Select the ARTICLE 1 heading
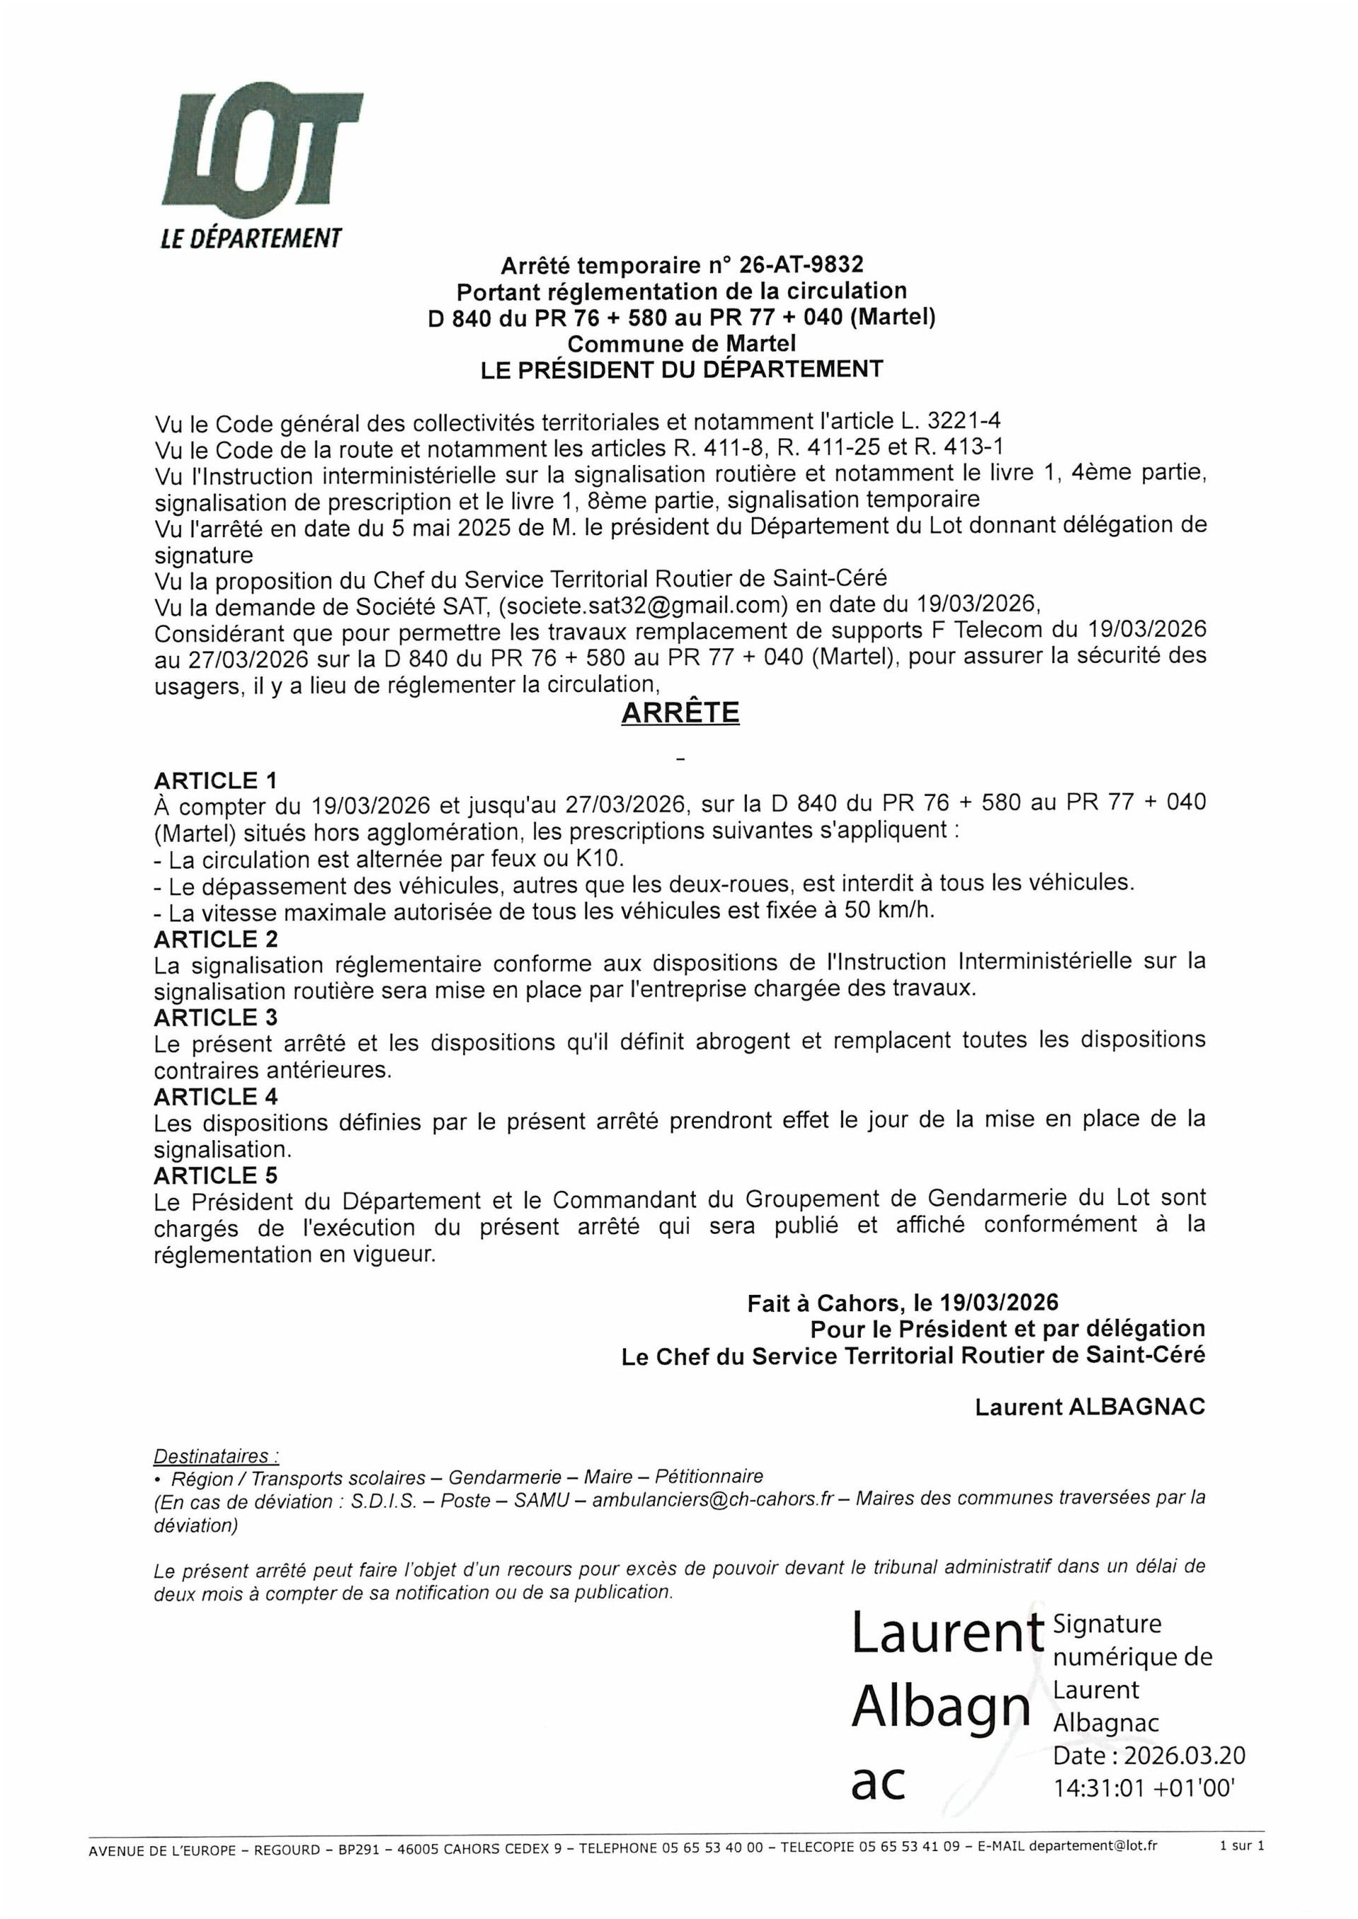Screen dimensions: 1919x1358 tap(216, 780)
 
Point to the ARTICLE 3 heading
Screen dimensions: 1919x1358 tap(216, 1017)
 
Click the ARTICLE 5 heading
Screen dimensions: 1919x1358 tap(216, 1175)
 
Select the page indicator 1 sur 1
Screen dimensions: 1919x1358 tap(1242, 1845)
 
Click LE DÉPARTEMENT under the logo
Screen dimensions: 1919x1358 tap(251, 239)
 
